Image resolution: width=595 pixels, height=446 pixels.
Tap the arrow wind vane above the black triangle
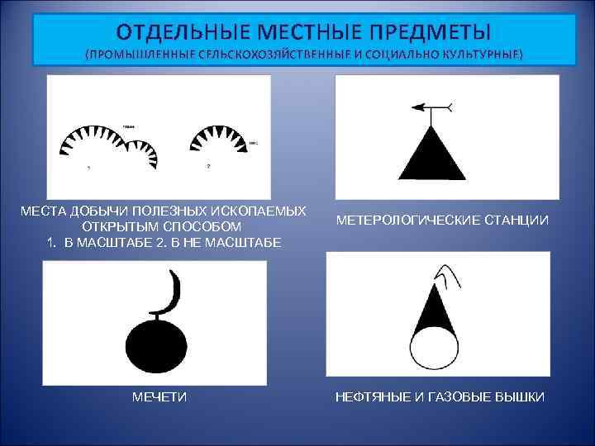click(x=431, y=107)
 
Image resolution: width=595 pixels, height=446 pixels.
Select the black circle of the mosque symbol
click(x=156, y=340)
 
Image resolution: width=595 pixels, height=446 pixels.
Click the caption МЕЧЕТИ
click(x=159, y=398)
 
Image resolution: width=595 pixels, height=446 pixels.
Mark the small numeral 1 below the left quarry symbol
click(x=88, y=168)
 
